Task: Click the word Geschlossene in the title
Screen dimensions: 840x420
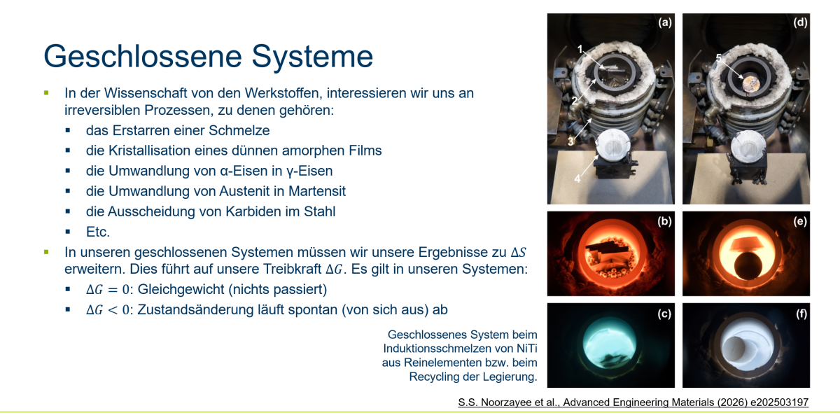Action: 143,57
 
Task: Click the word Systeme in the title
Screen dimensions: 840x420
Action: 312,56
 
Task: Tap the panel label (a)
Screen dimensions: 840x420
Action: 665,22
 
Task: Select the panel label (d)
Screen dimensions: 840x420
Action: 800,22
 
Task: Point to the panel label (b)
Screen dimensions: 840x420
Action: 664,221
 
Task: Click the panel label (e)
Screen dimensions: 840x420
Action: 800,221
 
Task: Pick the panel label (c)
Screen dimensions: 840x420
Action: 664,314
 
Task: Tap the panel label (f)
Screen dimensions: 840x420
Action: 801,314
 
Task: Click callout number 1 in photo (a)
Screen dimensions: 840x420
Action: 580,49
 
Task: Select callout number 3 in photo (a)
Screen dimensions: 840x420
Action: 570,141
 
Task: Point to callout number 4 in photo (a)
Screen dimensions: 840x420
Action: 577,179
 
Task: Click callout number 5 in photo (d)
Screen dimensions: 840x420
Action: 718,58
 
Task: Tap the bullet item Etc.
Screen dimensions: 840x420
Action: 98,232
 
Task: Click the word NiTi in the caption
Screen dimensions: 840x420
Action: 527,349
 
